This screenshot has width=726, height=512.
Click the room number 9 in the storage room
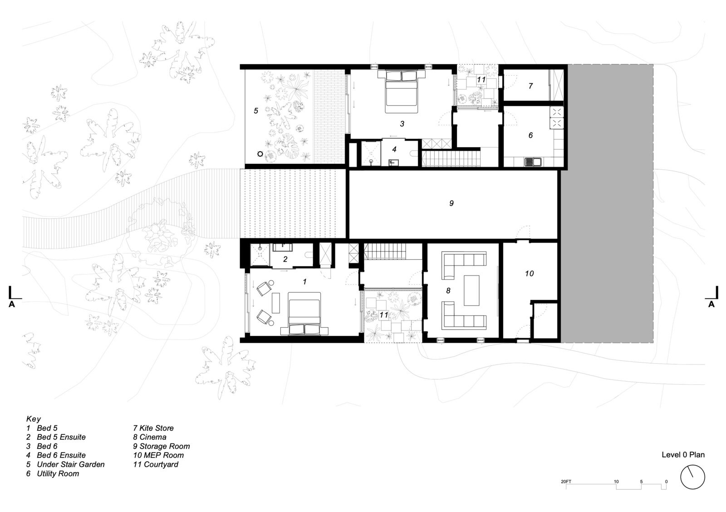(451, 203)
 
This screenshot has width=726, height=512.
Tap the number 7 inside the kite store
(530, 86)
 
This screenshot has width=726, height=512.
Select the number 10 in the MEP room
(529, 274)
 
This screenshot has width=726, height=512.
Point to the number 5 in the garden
(256, 111)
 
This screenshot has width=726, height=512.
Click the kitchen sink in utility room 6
(533, 162)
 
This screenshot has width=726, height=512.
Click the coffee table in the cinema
(471, 290)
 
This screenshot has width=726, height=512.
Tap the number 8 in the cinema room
(448, 290)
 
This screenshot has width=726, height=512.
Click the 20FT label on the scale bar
(566, 482)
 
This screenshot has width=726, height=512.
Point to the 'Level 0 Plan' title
(683, 455)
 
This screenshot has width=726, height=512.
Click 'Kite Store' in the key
(157, 428)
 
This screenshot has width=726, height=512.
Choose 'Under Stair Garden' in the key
(71, 464)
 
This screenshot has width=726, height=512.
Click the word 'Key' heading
(34, 419)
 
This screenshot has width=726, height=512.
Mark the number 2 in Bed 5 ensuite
(285, 260)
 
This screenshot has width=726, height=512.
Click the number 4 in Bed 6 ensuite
(394, 149)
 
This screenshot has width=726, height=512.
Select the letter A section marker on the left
(12, 304)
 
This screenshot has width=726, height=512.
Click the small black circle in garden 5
(260, 154)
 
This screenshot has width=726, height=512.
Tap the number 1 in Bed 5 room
(304, 282)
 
